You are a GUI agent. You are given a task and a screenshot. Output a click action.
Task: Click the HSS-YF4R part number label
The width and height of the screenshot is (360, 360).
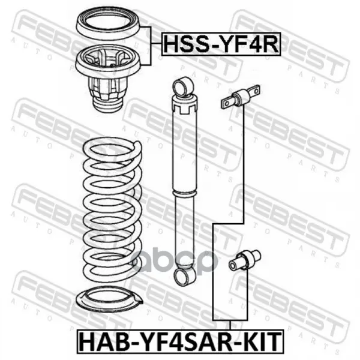(221, 44)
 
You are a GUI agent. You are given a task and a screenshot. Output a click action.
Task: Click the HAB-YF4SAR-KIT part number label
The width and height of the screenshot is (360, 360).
(180, 341)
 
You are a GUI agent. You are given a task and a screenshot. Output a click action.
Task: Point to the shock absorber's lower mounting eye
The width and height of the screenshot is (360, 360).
(185, 276)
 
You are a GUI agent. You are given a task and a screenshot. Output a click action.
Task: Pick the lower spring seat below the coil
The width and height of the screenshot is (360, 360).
(109, 301)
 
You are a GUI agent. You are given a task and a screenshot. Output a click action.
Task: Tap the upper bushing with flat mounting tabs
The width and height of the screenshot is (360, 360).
(241, 97)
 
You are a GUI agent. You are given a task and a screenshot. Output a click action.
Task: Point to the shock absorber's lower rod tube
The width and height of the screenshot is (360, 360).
(184, 230)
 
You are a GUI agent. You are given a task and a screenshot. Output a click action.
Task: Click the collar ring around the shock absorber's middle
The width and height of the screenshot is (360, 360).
(185, 193)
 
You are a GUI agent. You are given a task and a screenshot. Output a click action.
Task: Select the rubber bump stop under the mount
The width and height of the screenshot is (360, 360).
(108, 106)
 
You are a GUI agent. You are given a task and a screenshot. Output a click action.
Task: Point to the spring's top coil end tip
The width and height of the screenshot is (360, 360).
(139, 144)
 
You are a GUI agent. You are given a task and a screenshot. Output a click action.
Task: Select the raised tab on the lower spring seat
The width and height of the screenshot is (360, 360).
(137, 298)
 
